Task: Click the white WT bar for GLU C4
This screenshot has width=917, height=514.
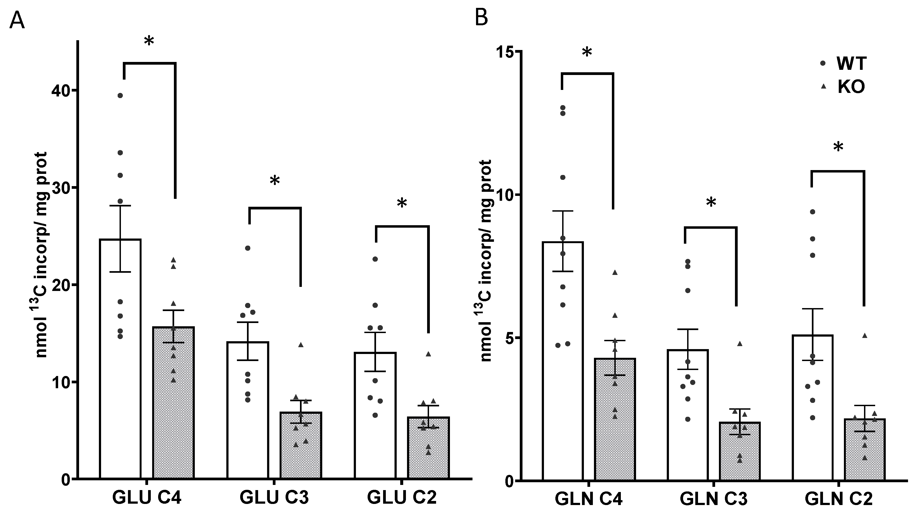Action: coord(120,391)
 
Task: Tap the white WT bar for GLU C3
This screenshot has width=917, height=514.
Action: coord(248,427)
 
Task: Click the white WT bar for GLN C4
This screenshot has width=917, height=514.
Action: coord(563,391)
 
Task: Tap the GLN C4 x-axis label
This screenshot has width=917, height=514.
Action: coord(589,499)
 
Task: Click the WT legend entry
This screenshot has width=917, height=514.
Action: coord(851,63)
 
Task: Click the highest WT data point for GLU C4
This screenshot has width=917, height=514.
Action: coord(120,95)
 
